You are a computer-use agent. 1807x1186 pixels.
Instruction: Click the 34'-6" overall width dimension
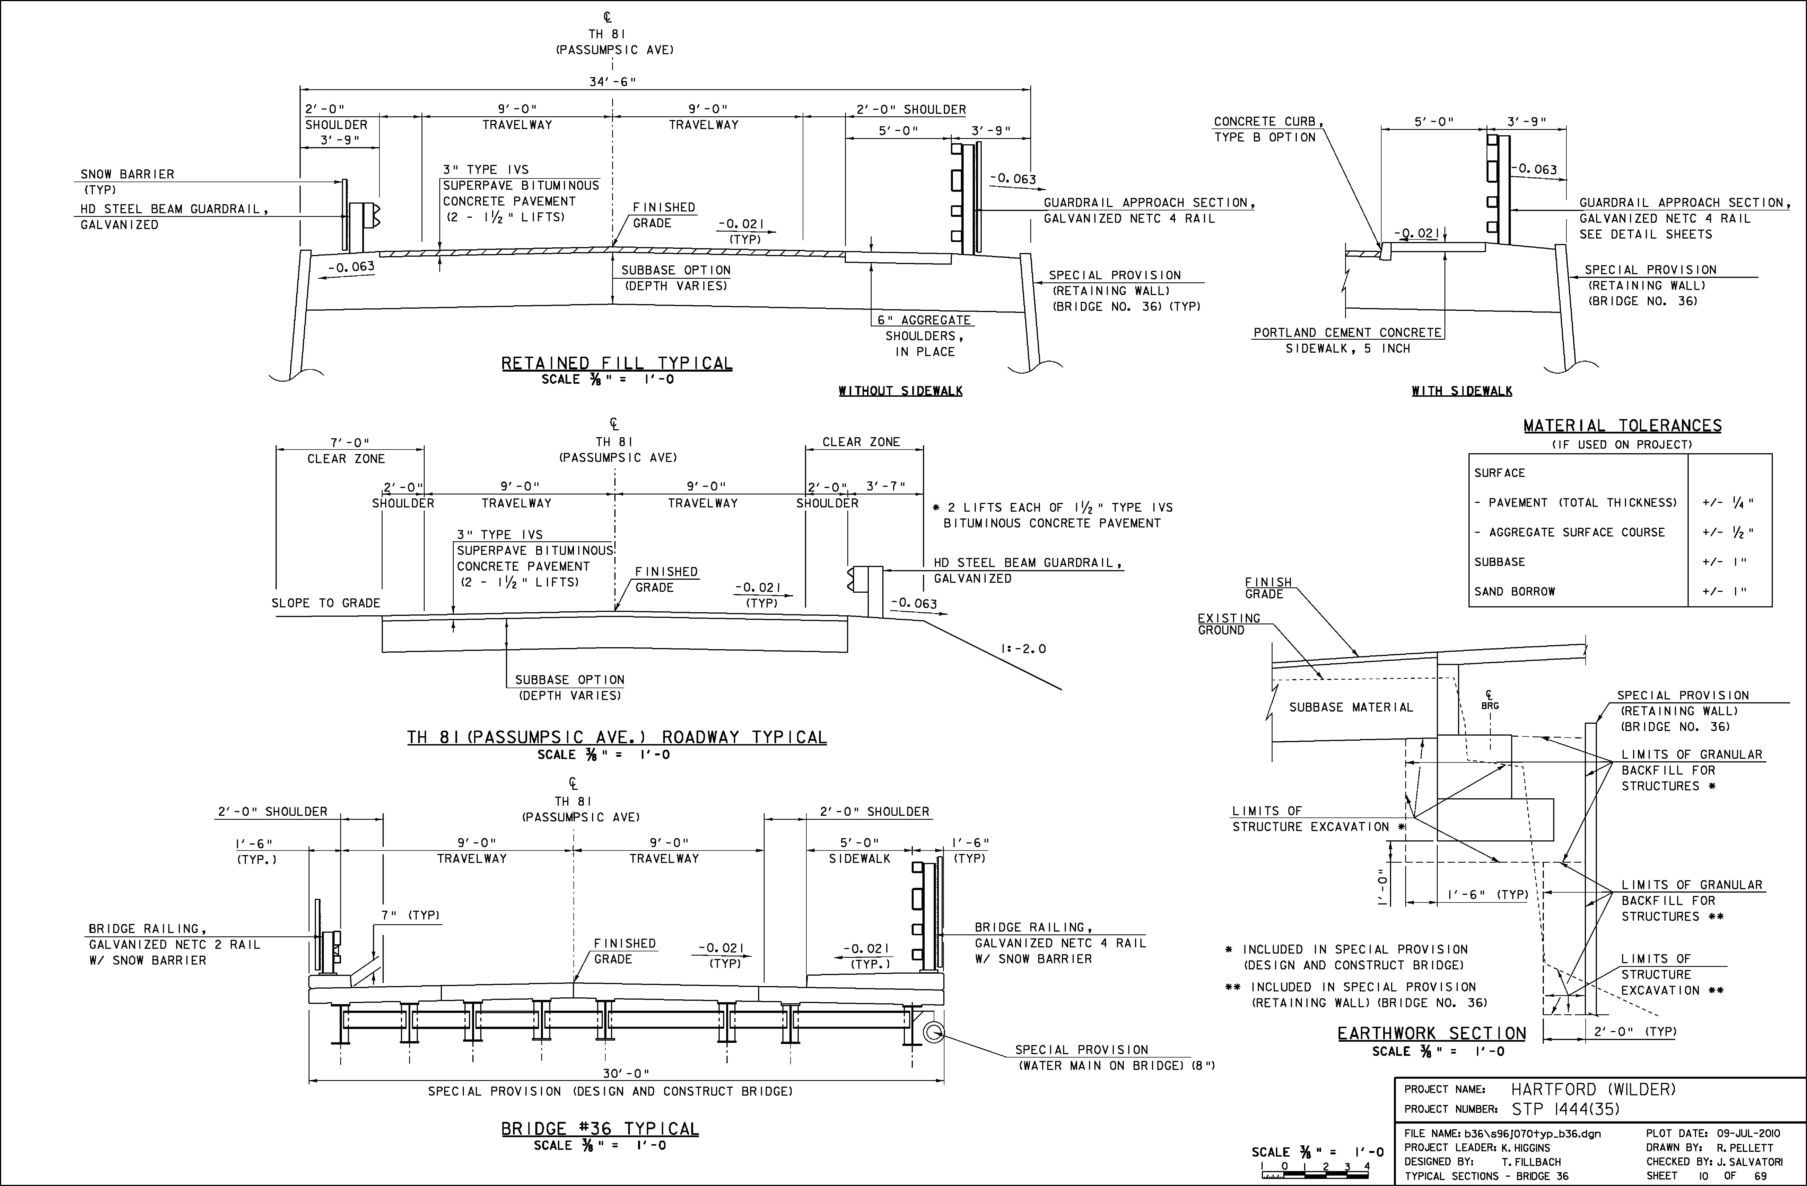612,82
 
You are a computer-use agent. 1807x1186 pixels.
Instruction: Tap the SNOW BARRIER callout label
128,174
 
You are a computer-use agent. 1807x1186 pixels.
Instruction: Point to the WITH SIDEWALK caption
1461,391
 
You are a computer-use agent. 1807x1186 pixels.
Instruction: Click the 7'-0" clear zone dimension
349,443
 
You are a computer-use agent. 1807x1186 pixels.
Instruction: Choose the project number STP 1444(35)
1566,1109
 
